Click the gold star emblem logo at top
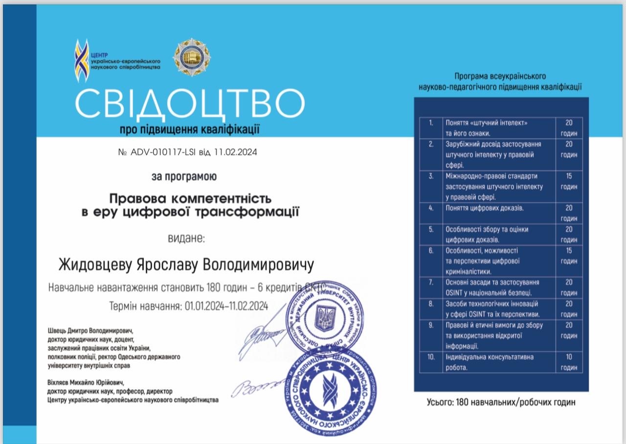coord(191,58)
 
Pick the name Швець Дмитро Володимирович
coord(90,330)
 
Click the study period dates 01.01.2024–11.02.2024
coord(226,306)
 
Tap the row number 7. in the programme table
coord(431,282)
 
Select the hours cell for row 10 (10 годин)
coord(569,362)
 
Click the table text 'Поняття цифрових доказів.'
coord(484,208)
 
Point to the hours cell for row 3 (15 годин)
coord(569,181)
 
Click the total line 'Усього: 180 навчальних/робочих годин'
coord(501,402)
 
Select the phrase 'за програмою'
coord(184,176)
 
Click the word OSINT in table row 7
coord(455,293)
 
